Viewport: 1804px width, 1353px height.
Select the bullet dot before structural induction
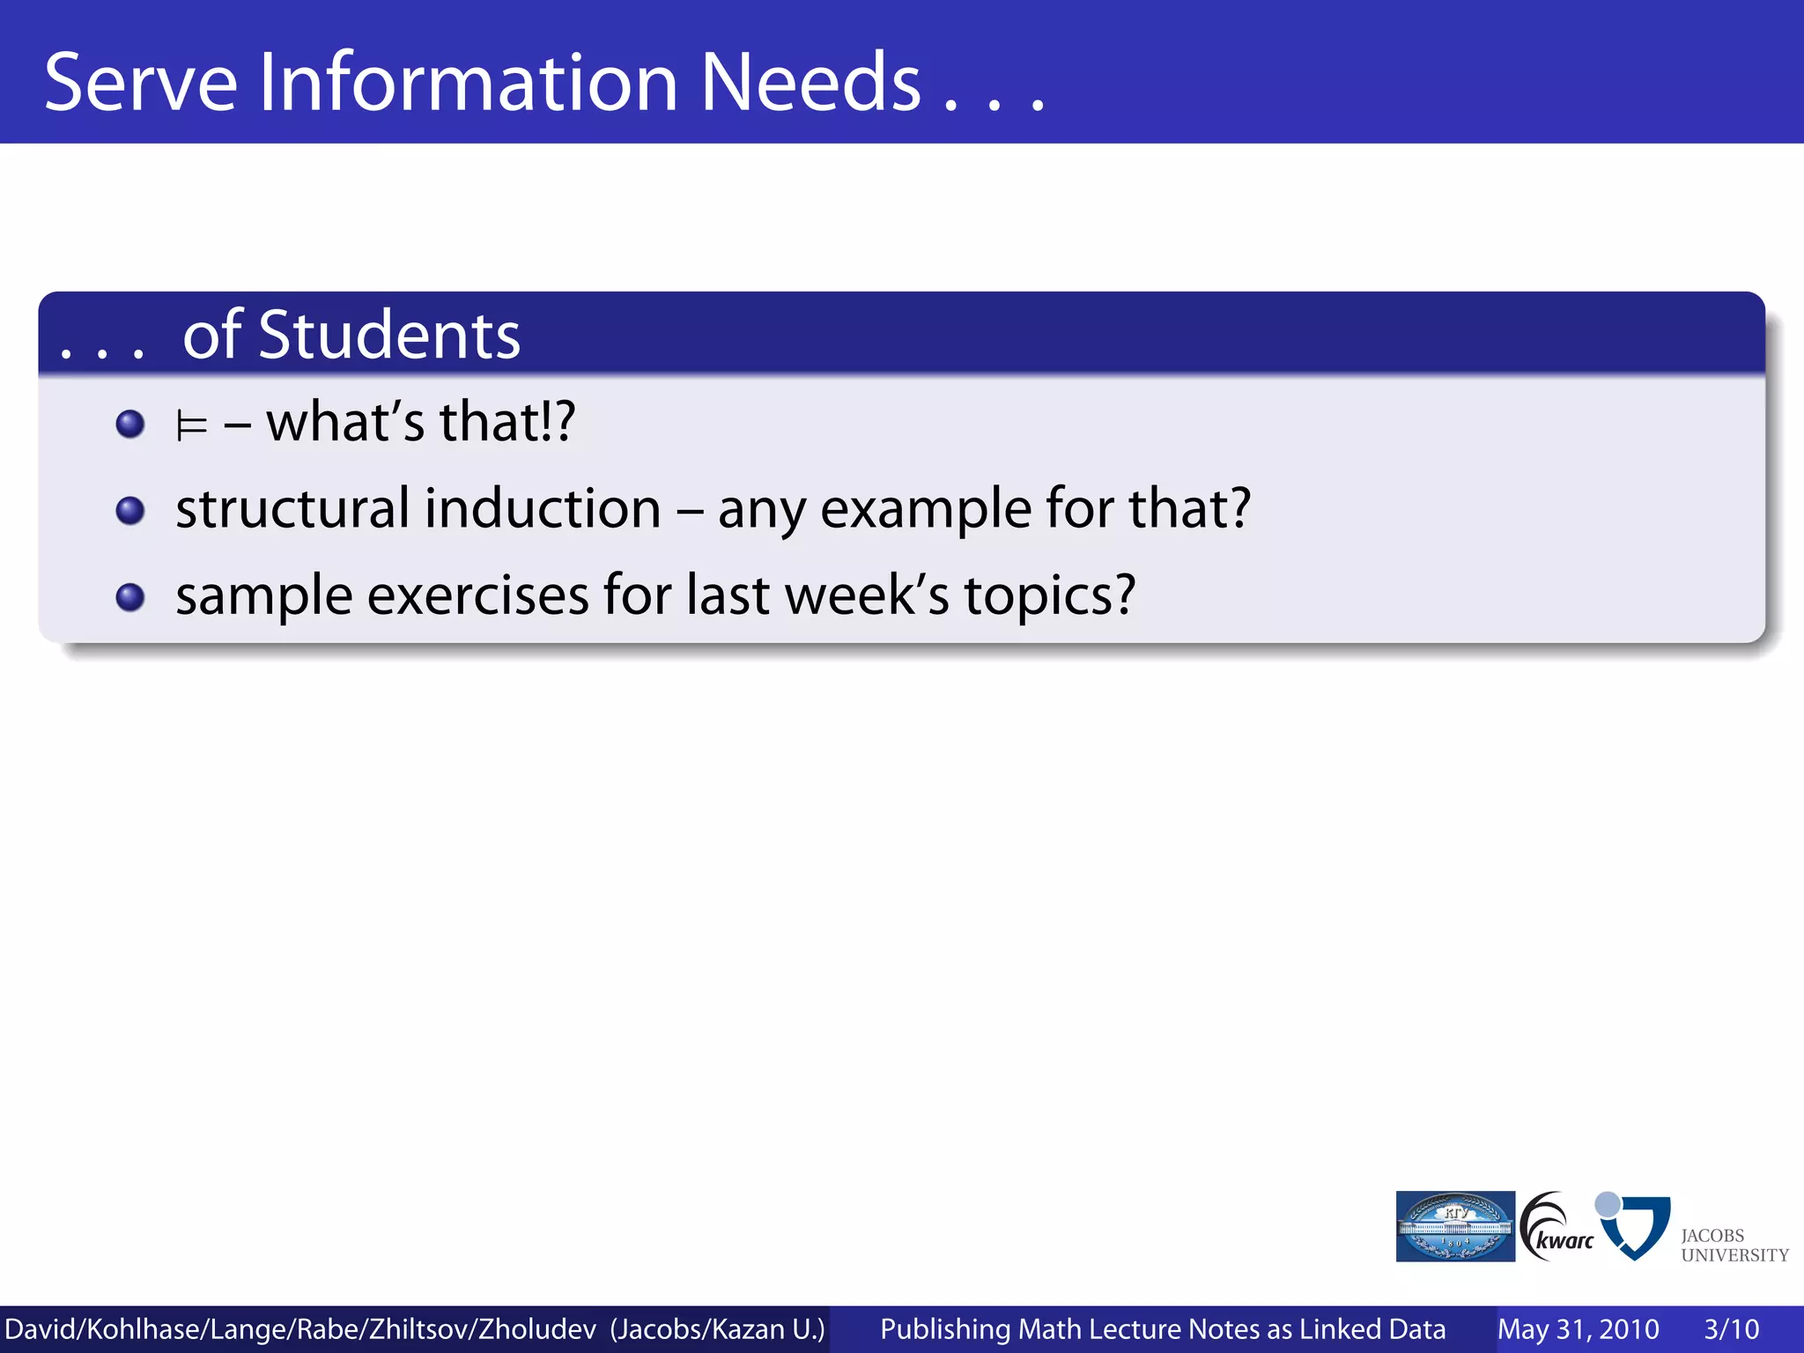click(130, 511)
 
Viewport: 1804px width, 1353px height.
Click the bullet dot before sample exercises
click(130, 597)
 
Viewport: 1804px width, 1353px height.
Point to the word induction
click(543, 508)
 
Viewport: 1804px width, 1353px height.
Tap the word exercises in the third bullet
click(477, 595)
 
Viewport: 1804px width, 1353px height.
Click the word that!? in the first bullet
click(507, 421)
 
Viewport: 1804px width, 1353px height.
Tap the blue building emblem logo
click(1455, 1226)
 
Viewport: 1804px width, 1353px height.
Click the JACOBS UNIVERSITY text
click(1733, 1246)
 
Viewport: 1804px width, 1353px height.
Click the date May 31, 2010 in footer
click(1578, 1329)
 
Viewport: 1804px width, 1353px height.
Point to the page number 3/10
click(1731, 1329)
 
